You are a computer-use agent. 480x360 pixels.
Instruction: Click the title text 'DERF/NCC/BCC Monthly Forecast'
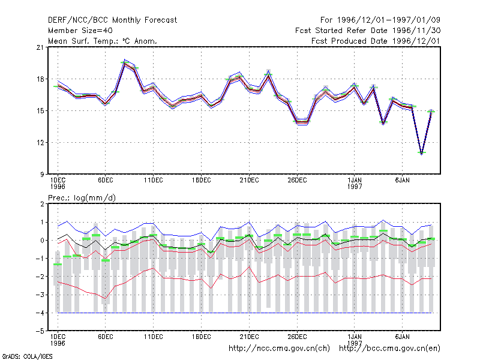click(112, 20)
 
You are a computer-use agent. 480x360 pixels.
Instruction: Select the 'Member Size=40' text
click(80, 31)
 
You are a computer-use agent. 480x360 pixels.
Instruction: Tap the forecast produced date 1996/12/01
click(416, 41)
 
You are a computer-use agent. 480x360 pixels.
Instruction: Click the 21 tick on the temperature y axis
click(40, 47)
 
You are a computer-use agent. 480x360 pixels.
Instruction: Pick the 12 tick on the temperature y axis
click(40, 143)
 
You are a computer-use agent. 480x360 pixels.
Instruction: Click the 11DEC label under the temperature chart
click(154, 181)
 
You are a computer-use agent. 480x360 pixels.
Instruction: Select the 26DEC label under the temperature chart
click(297, 181)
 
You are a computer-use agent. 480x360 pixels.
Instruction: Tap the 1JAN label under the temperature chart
click(355, 181)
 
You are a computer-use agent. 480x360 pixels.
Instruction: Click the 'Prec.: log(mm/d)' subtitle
click(82, 198)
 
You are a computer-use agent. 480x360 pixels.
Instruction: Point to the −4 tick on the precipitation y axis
click(40, 313)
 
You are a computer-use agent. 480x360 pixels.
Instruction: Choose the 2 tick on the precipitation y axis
click(42, 204)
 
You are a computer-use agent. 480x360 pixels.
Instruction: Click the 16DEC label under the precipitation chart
click(201, 337)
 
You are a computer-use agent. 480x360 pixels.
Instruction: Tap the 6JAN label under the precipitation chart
click(402, 337)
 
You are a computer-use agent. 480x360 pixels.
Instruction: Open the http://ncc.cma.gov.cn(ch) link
click(279, 349)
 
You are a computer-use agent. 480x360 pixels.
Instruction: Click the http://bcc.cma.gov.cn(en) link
click(389, 349)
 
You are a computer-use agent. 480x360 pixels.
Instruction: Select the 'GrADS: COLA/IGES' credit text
click(27, 356)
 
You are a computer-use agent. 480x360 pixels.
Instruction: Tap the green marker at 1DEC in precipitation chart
click(58, 264)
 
